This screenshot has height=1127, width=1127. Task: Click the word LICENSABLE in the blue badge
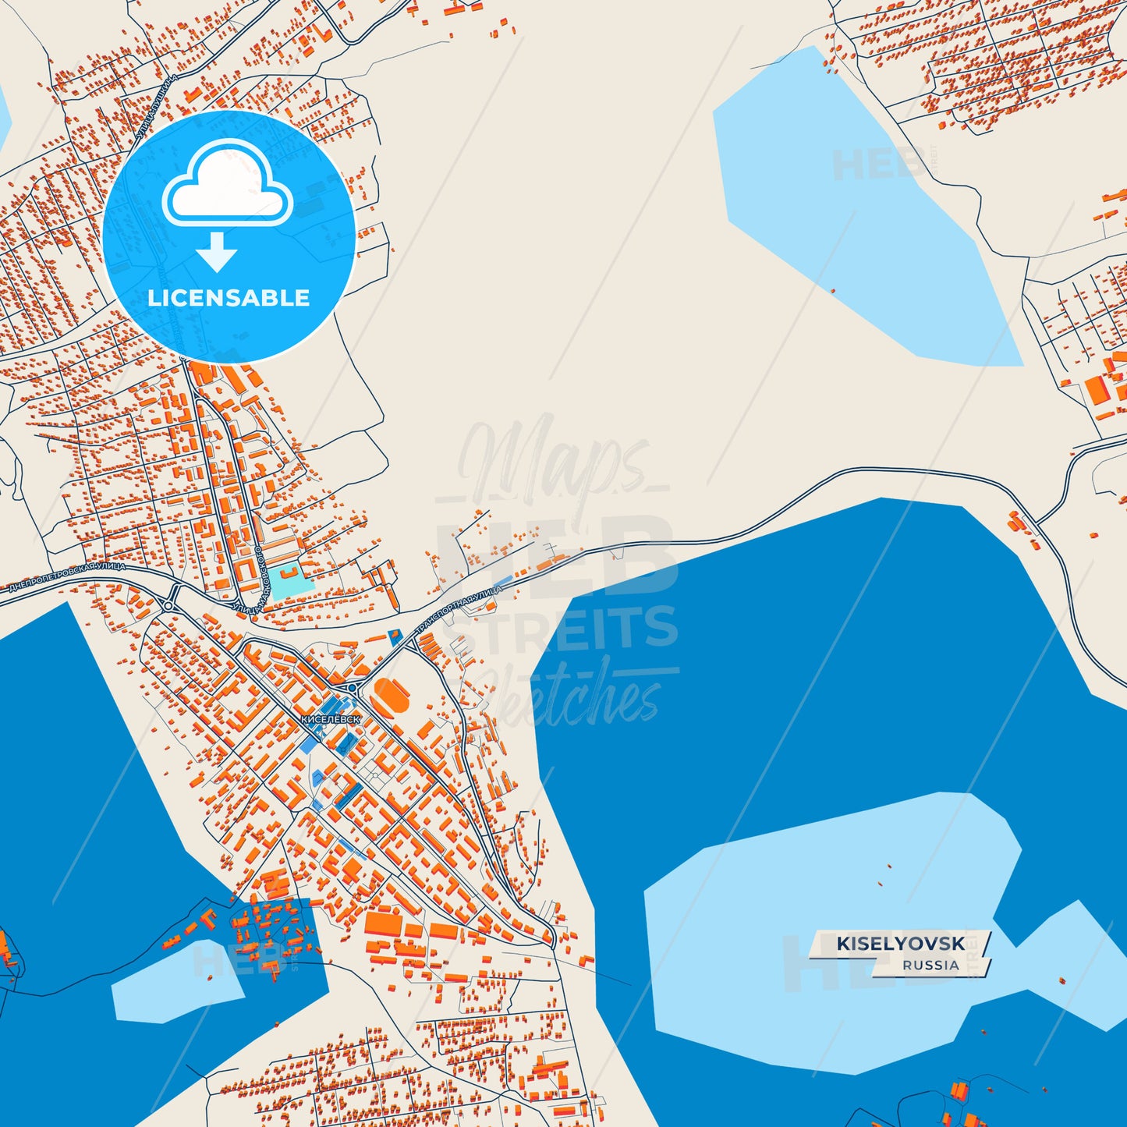pos(229,298)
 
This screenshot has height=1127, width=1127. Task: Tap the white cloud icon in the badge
pos(227,186)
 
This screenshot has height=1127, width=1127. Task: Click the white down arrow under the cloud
pos(217,252)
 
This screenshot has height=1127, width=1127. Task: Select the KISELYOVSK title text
pos(901,944)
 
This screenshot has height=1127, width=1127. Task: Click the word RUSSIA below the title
pos(930,965)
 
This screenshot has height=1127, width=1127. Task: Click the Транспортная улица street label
pos(459,608)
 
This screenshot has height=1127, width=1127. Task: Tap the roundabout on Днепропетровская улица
pos(170,604)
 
